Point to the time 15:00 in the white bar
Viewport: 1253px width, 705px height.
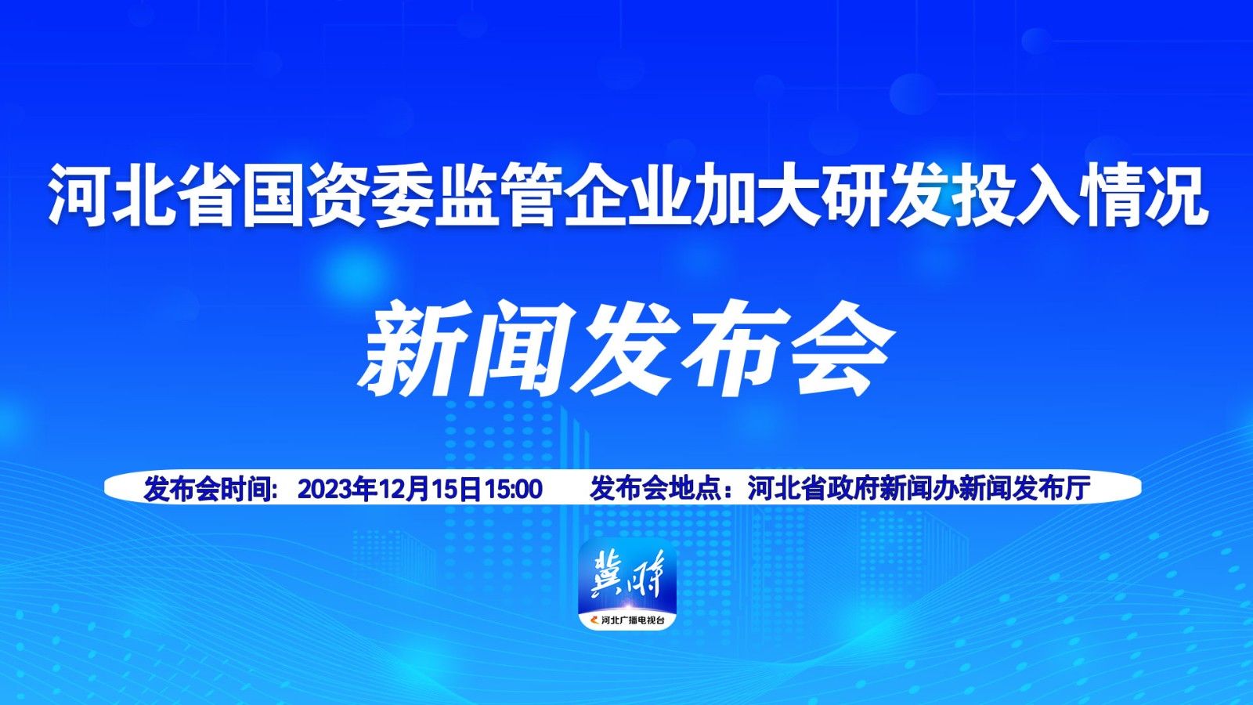tap(513, 489)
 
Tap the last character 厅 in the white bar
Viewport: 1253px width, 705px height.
tap(1078, 489)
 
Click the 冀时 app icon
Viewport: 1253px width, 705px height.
tap(627, 584)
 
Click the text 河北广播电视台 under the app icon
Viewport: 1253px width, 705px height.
tap(633, 620)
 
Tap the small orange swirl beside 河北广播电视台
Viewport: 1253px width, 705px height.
tap(594, 620)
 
